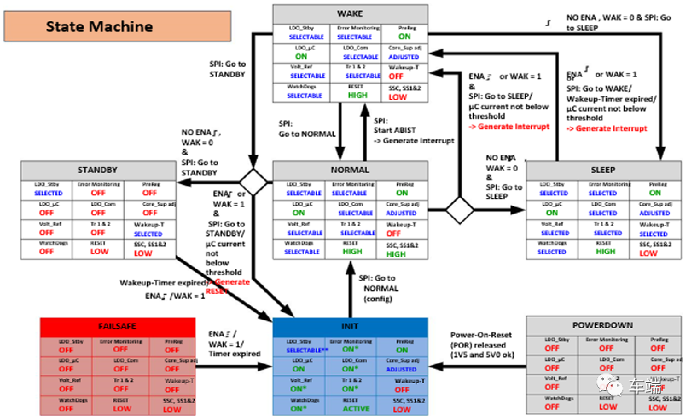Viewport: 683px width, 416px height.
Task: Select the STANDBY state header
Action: click(97, 169)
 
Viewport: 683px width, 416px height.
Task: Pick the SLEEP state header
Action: click(603, 169)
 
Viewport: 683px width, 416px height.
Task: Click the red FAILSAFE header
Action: click(116, 325)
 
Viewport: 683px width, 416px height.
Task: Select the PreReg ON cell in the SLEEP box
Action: click(653, 192)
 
